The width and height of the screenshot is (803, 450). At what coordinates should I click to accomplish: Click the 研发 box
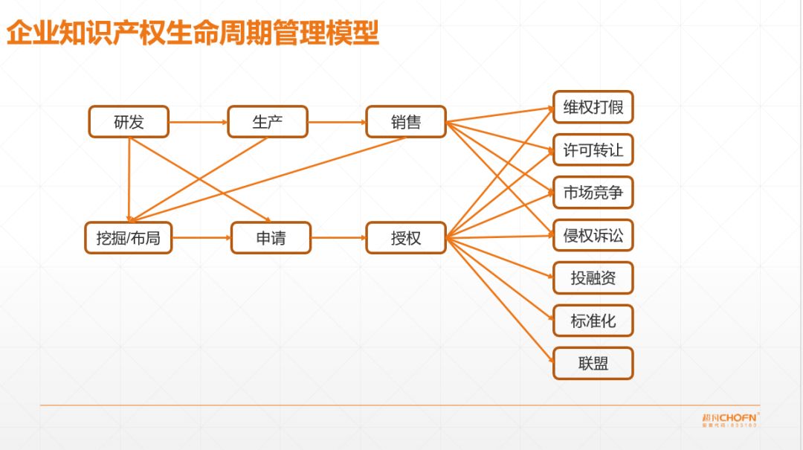[x=129, y=122]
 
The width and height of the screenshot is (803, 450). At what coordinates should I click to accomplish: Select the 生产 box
[x=268, y=122]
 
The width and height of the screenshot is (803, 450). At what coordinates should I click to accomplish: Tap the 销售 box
[x=406, y=122]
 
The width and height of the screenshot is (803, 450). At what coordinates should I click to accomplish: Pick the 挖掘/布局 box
[x=129, y=238]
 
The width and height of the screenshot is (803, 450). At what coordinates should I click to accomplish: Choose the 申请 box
[x=271, y=238]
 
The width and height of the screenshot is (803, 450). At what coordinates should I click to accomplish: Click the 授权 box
[x=406, y=238]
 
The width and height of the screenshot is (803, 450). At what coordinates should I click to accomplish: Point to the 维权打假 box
[x=593, y=107]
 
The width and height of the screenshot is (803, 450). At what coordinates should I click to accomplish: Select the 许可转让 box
[x=593, y=150]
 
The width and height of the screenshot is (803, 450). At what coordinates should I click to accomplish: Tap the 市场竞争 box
[x=593, y=193]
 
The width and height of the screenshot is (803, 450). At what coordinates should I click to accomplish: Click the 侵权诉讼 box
[x=593, y=236]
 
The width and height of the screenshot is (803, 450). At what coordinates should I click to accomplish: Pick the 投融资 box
[x=593, y=278]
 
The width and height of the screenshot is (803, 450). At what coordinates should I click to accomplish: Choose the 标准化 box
[x=593, y=321]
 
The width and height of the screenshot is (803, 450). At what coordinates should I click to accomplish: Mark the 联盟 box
[x=593, y=364]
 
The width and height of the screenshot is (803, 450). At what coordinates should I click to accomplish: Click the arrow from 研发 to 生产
[x=198, y=122]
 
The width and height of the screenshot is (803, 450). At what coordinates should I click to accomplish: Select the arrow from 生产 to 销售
[x=337, y=122]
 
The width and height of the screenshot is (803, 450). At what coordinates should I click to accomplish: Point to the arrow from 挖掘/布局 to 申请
[x=201, y=238]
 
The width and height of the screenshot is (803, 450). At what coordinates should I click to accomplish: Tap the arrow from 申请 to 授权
[x=338, y=238]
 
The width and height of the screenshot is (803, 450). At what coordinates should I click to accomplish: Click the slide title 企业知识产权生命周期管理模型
[x=193, y=34]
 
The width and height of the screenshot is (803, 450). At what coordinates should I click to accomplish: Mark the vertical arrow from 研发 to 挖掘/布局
[x=129, y=179]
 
